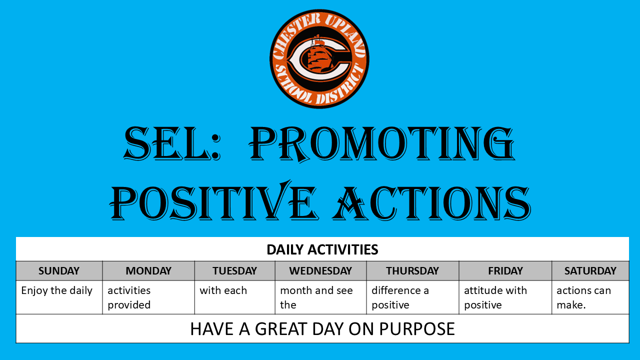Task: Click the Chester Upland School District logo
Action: point(319,58)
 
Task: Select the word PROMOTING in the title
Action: point(382,143)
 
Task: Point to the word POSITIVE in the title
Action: point(213,202)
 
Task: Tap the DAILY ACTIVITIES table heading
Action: point(322,249)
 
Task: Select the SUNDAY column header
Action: point(59,270)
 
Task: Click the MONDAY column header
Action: point(148,270)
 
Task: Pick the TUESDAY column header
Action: point(234,270)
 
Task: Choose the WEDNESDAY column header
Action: point(320,270)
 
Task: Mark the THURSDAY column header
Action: point(412,270)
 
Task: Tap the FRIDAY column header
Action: point(505,270)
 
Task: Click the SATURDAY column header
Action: point(590,270)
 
